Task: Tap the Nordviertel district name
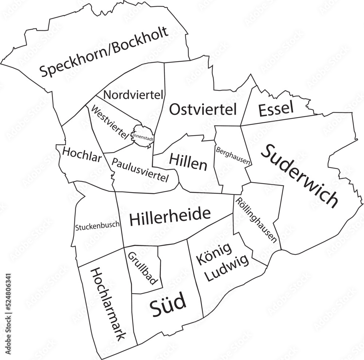coord(133,95)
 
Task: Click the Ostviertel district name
coord(203,109)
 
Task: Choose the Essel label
coord(276,109)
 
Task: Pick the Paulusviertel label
coord(140,170)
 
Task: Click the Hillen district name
coord(188,162)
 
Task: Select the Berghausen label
coord(233,156)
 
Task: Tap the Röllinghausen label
coord(256,220)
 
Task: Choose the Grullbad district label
coord(142,268)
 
